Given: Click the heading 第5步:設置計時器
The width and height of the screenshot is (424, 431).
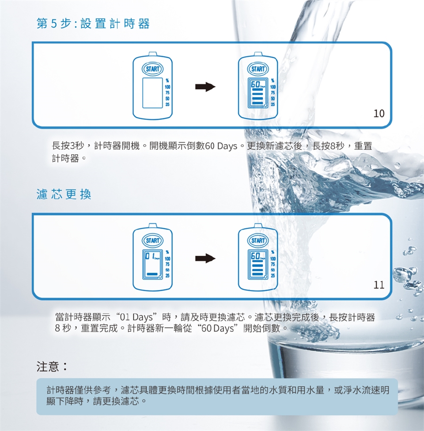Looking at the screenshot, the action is point(93,24).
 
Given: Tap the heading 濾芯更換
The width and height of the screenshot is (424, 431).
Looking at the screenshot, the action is point(64,194).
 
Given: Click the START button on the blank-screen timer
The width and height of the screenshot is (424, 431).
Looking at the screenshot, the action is point(152,69).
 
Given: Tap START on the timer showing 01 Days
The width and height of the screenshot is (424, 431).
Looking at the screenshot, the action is point(152,241).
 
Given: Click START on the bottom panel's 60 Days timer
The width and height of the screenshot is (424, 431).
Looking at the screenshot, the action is point(258,241).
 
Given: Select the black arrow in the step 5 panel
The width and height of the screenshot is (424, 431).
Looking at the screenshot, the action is point(205,87).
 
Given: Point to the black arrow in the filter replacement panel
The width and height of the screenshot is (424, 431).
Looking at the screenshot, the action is point(205,258).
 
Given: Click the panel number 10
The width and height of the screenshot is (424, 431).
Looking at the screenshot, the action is point(379,113).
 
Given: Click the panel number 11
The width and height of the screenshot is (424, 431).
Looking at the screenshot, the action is point(379,285).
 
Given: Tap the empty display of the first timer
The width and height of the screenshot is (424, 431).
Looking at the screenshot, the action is point(152,93).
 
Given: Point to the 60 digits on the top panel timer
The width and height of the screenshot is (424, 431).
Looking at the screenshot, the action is point(255,84).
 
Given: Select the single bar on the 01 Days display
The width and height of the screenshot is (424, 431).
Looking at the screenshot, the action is point(152,274).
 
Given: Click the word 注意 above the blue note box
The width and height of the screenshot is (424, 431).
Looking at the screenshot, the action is point(48,366).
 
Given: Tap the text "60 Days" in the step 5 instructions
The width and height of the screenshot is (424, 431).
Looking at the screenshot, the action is point(221,146).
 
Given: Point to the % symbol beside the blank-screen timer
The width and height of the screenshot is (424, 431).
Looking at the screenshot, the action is point(167,81).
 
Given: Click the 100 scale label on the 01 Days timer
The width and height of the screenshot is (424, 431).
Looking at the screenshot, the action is point(167,259).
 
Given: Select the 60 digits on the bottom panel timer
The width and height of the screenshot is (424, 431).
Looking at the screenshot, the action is point(255,256).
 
